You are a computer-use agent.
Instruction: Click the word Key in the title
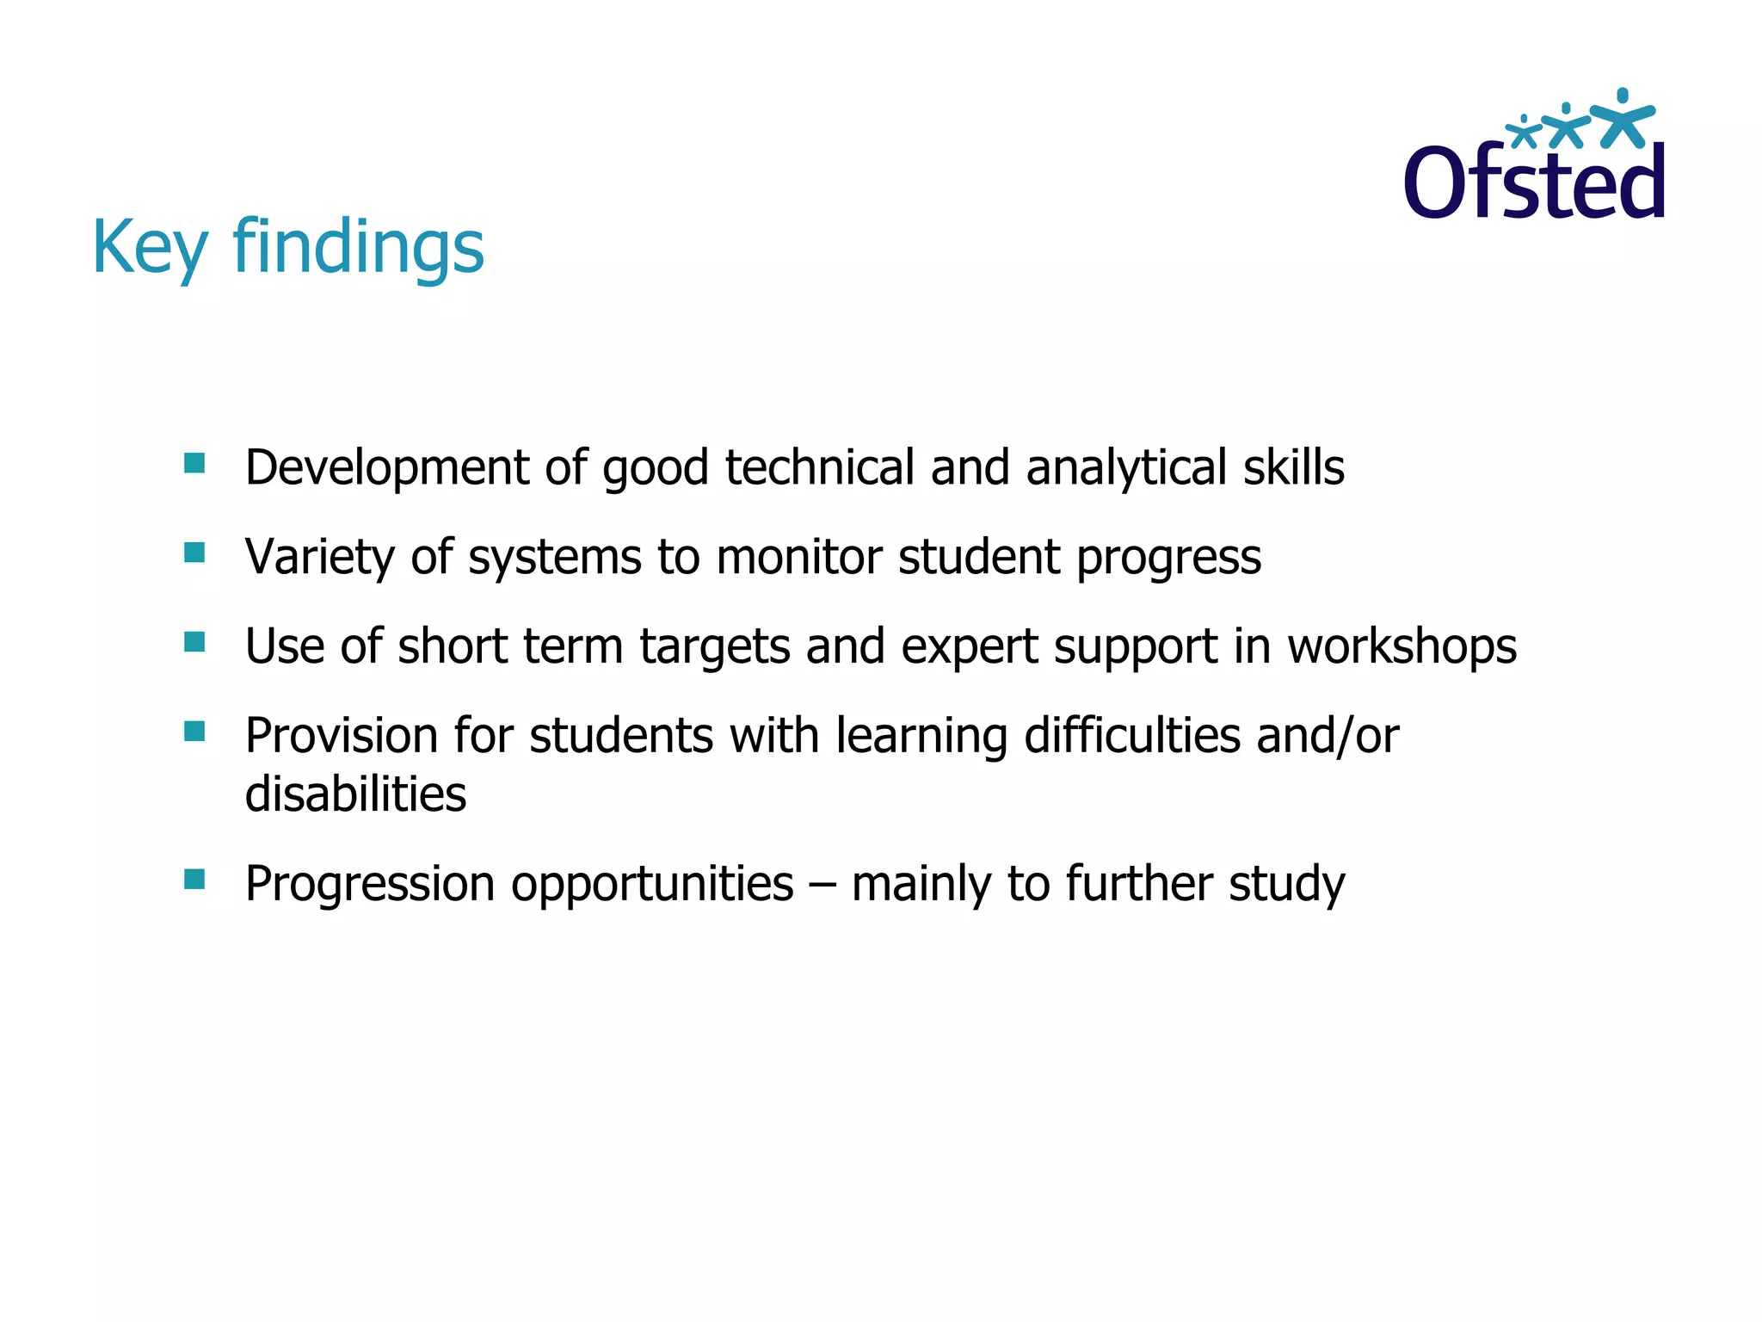coord(150,247)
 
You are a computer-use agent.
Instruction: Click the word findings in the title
coord(358,247)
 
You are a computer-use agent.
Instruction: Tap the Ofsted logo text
coord(1534,182)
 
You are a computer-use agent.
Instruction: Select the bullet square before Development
coord(194,464)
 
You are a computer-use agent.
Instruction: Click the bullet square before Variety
coord(194,553)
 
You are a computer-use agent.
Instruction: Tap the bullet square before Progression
coord(194,880)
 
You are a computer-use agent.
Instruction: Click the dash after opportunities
coord(822,885)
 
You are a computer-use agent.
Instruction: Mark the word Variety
coord(319,557)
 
